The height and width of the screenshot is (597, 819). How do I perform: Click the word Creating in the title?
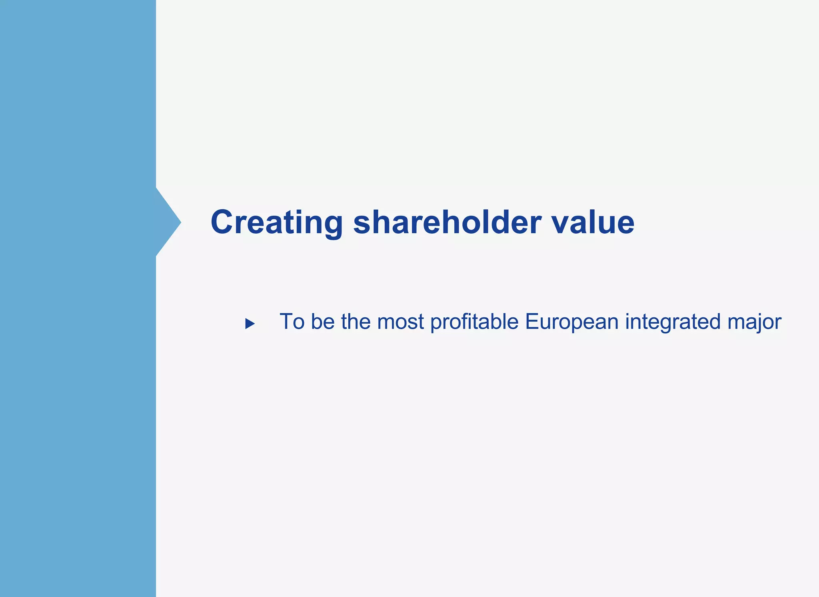coord(276,222)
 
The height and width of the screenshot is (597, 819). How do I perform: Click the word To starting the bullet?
coord(292,322)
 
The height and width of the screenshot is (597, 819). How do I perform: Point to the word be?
coord(323,322)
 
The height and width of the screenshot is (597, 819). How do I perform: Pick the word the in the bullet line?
coord(356,322)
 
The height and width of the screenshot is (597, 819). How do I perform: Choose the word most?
coord(400,322)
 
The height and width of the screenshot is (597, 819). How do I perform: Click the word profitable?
coord(474,323)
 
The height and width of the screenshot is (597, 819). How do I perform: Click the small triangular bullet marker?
coord(250,323)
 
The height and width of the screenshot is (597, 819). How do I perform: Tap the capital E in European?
coord(531,322)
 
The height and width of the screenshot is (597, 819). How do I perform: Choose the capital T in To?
coord(286,322)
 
